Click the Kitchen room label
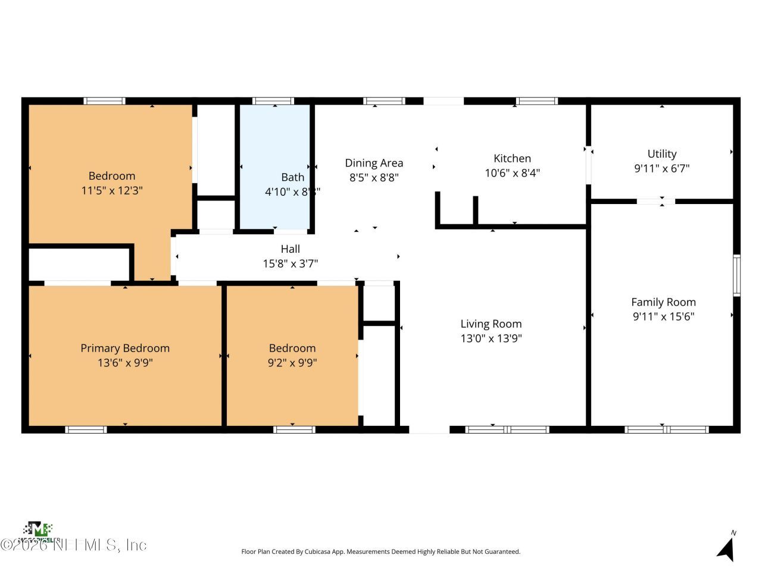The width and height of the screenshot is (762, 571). tap(512, 158)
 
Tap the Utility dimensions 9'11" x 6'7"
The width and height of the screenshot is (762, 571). tap(661, 169)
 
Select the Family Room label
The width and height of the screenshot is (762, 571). tap(663, 302)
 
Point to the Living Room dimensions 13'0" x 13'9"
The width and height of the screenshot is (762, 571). tap(491, 338)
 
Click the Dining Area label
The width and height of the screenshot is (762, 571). tap(374, 163)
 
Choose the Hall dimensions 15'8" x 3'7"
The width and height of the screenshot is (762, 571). tap(290, 263)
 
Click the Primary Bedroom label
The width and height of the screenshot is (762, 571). tap(125, 349)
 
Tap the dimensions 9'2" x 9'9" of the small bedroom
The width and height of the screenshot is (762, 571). tap(292, 363)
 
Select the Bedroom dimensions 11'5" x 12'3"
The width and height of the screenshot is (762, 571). tap(112, 191)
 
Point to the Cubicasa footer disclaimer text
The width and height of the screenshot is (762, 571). tap(380, 552)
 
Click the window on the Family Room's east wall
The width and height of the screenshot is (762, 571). tap(736, 275)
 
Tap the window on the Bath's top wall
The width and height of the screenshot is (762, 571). tap(273, 101)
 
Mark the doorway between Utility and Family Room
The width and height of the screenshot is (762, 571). tap(655, 202)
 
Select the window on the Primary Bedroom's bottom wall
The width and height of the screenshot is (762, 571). tap(86, 429)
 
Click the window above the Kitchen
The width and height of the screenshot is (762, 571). tap(536, 101)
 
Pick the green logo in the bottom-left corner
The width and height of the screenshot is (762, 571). tap(38, 529)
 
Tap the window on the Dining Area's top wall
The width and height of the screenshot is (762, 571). tap(384, 101)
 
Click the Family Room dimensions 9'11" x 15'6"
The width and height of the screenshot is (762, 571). tap(663, 317)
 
